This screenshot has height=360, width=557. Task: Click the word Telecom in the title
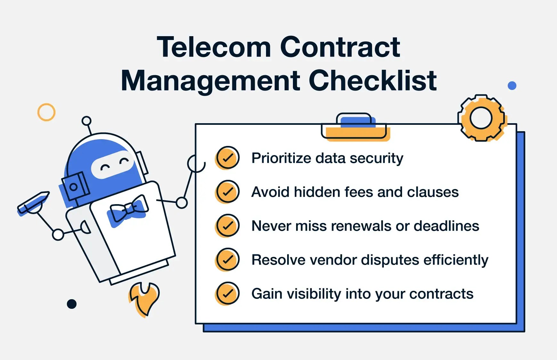point(214,47)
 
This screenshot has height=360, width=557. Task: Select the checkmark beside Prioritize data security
point(228,158)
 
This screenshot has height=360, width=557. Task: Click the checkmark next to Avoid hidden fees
point(228,192)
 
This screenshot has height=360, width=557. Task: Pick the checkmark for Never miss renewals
point(228,226)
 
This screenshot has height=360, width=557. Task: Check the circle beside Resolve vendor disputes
point(228,260)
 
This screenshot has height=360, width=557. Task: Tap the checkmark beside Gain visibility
point(228,293)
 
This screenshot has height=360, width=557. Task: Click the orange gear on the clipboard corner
point(481,118)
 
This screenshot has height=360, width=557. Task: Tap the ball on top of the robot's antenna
point(86,121)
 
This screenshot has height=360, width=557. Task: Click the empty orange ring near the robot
point(46,112)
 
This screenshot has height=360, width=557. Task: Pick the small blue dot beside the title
point(512,86)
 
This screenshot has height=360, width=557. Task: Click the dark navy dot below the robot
point(72,304)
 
